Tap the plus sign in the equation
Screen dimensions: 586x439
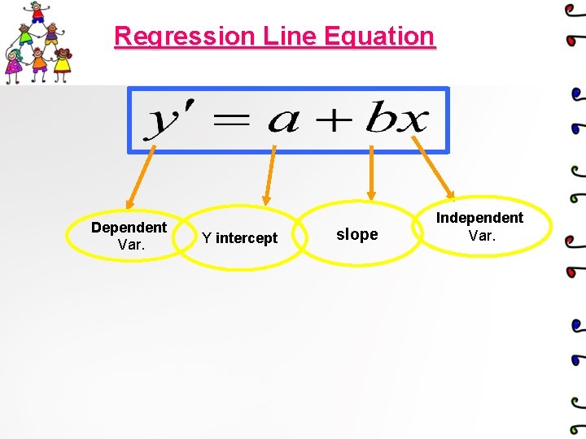pos(334,122)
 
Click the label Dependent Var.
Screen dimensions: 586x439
pos(129,236)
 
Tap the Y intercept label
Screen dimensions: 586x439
pos(239,238)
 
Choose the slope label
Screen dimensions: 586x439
pos(357,235)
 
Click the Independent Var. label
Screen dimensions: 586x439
pos(479,227)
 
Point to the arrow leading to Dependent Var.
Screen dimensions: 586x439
pos(139,176)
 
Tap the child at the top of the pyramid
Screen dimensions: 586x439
pos(37,13)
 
